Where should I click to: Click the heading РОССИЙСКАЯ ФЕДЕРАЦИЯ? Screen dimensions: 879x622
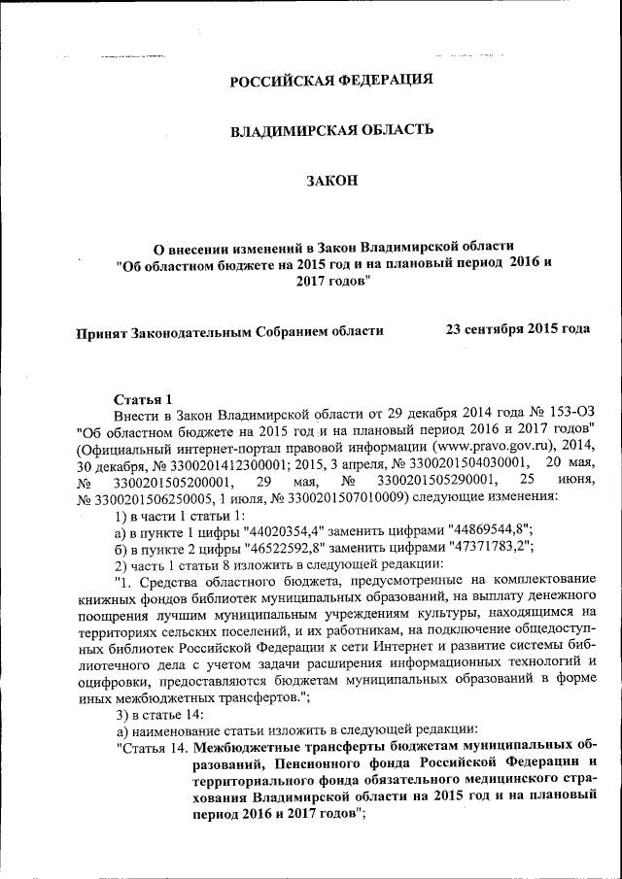(x=330, y=81)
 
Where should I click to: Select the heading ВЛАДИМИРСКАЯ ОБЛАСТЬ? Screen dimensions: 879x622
(x=330, y=130)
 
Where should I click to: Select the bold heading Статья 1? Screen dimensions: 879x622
(x=143, y=399)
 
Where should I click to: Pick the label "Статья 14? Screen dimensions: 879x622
(x=152, y=748)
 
